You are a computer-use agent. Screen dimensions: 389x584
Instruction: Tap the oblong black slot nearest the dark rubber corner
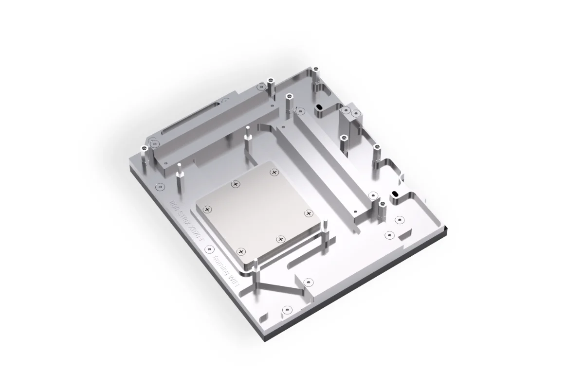[x=396, y=194]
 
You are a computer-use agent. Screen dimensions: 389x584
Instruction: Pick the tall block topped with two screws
[x=351, y=117]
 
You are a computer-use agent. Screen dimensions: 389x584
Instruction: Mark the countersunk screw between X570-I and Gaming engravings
[x=209, y=249]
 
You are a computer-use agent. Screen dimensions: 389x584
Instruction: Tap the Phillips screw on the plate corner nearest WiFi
[x=241, y=251]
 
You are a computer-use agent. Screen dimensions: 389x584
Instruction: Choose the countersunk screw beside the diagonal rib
[x=307, y=282]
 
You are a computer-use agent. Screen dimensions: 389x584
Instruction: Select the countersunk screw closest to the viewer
[x=287, y=309]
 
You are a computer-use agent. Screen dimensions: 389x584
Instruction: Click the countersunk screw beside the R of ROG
[x=158, y=186]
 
